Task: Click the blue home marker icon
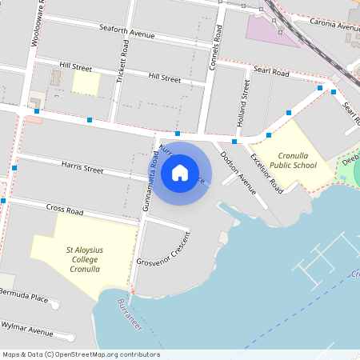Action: (180, 172)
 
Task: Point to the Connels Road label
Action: (214, 51)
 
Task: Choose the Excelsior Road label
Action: (266, 173)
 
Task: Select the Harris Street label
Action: (82, 170)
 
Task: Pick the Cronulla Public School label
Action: (292, 160)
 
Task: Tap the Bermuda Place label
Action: (23, 298)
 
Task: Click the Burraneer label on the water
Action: (128, 316)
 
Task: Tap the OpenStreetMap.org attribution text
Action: (80, 354)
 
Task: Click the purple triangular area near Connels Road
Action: (269, 30)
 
